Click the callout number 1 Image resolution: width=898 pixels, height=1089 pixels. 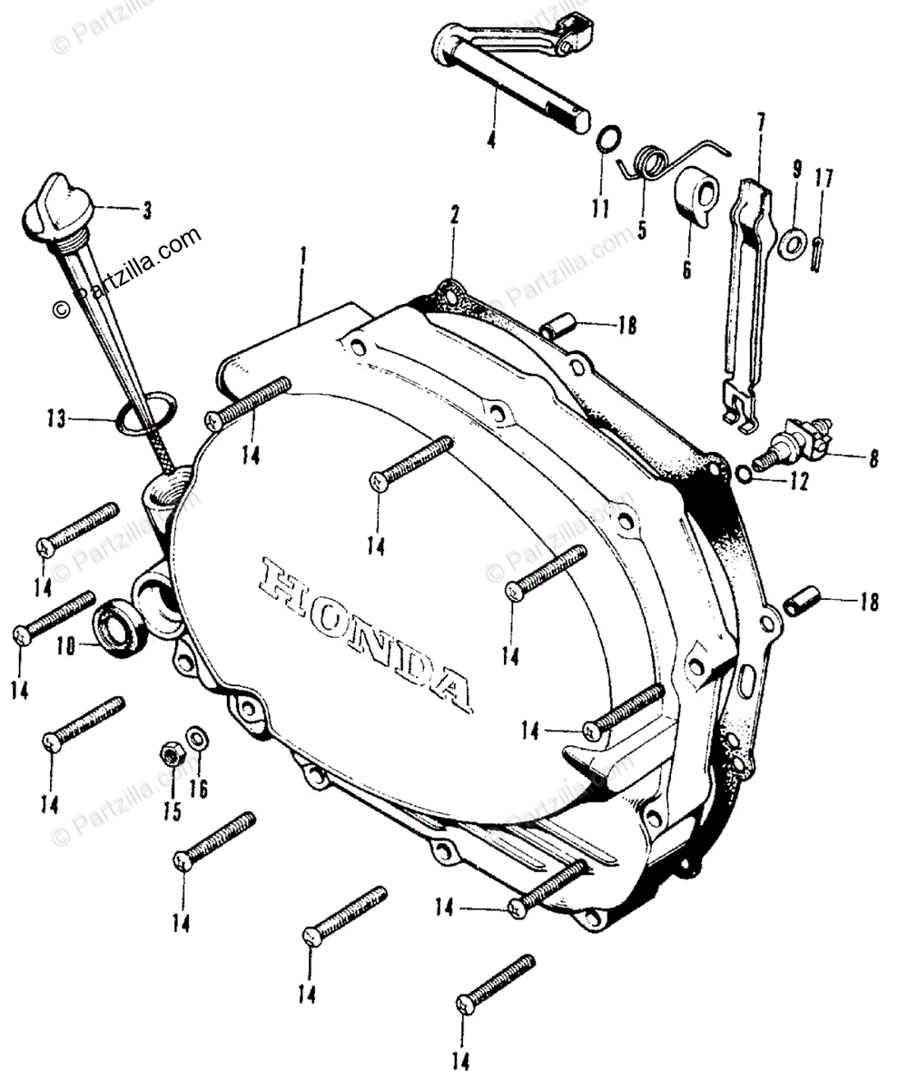point(302,256)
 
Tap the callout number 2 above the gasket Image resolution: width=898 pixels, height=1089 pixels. point(455,215)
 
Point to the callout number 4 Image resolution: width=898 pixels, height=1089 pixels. point(491,140)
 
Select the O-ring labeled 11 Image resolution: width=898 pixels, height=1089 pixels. point(609,139)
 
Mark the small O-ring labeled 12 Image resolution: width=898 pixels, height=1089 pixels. point(742,474)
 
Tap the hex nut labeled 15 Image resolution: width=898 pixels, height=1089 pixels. point(170,753)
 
